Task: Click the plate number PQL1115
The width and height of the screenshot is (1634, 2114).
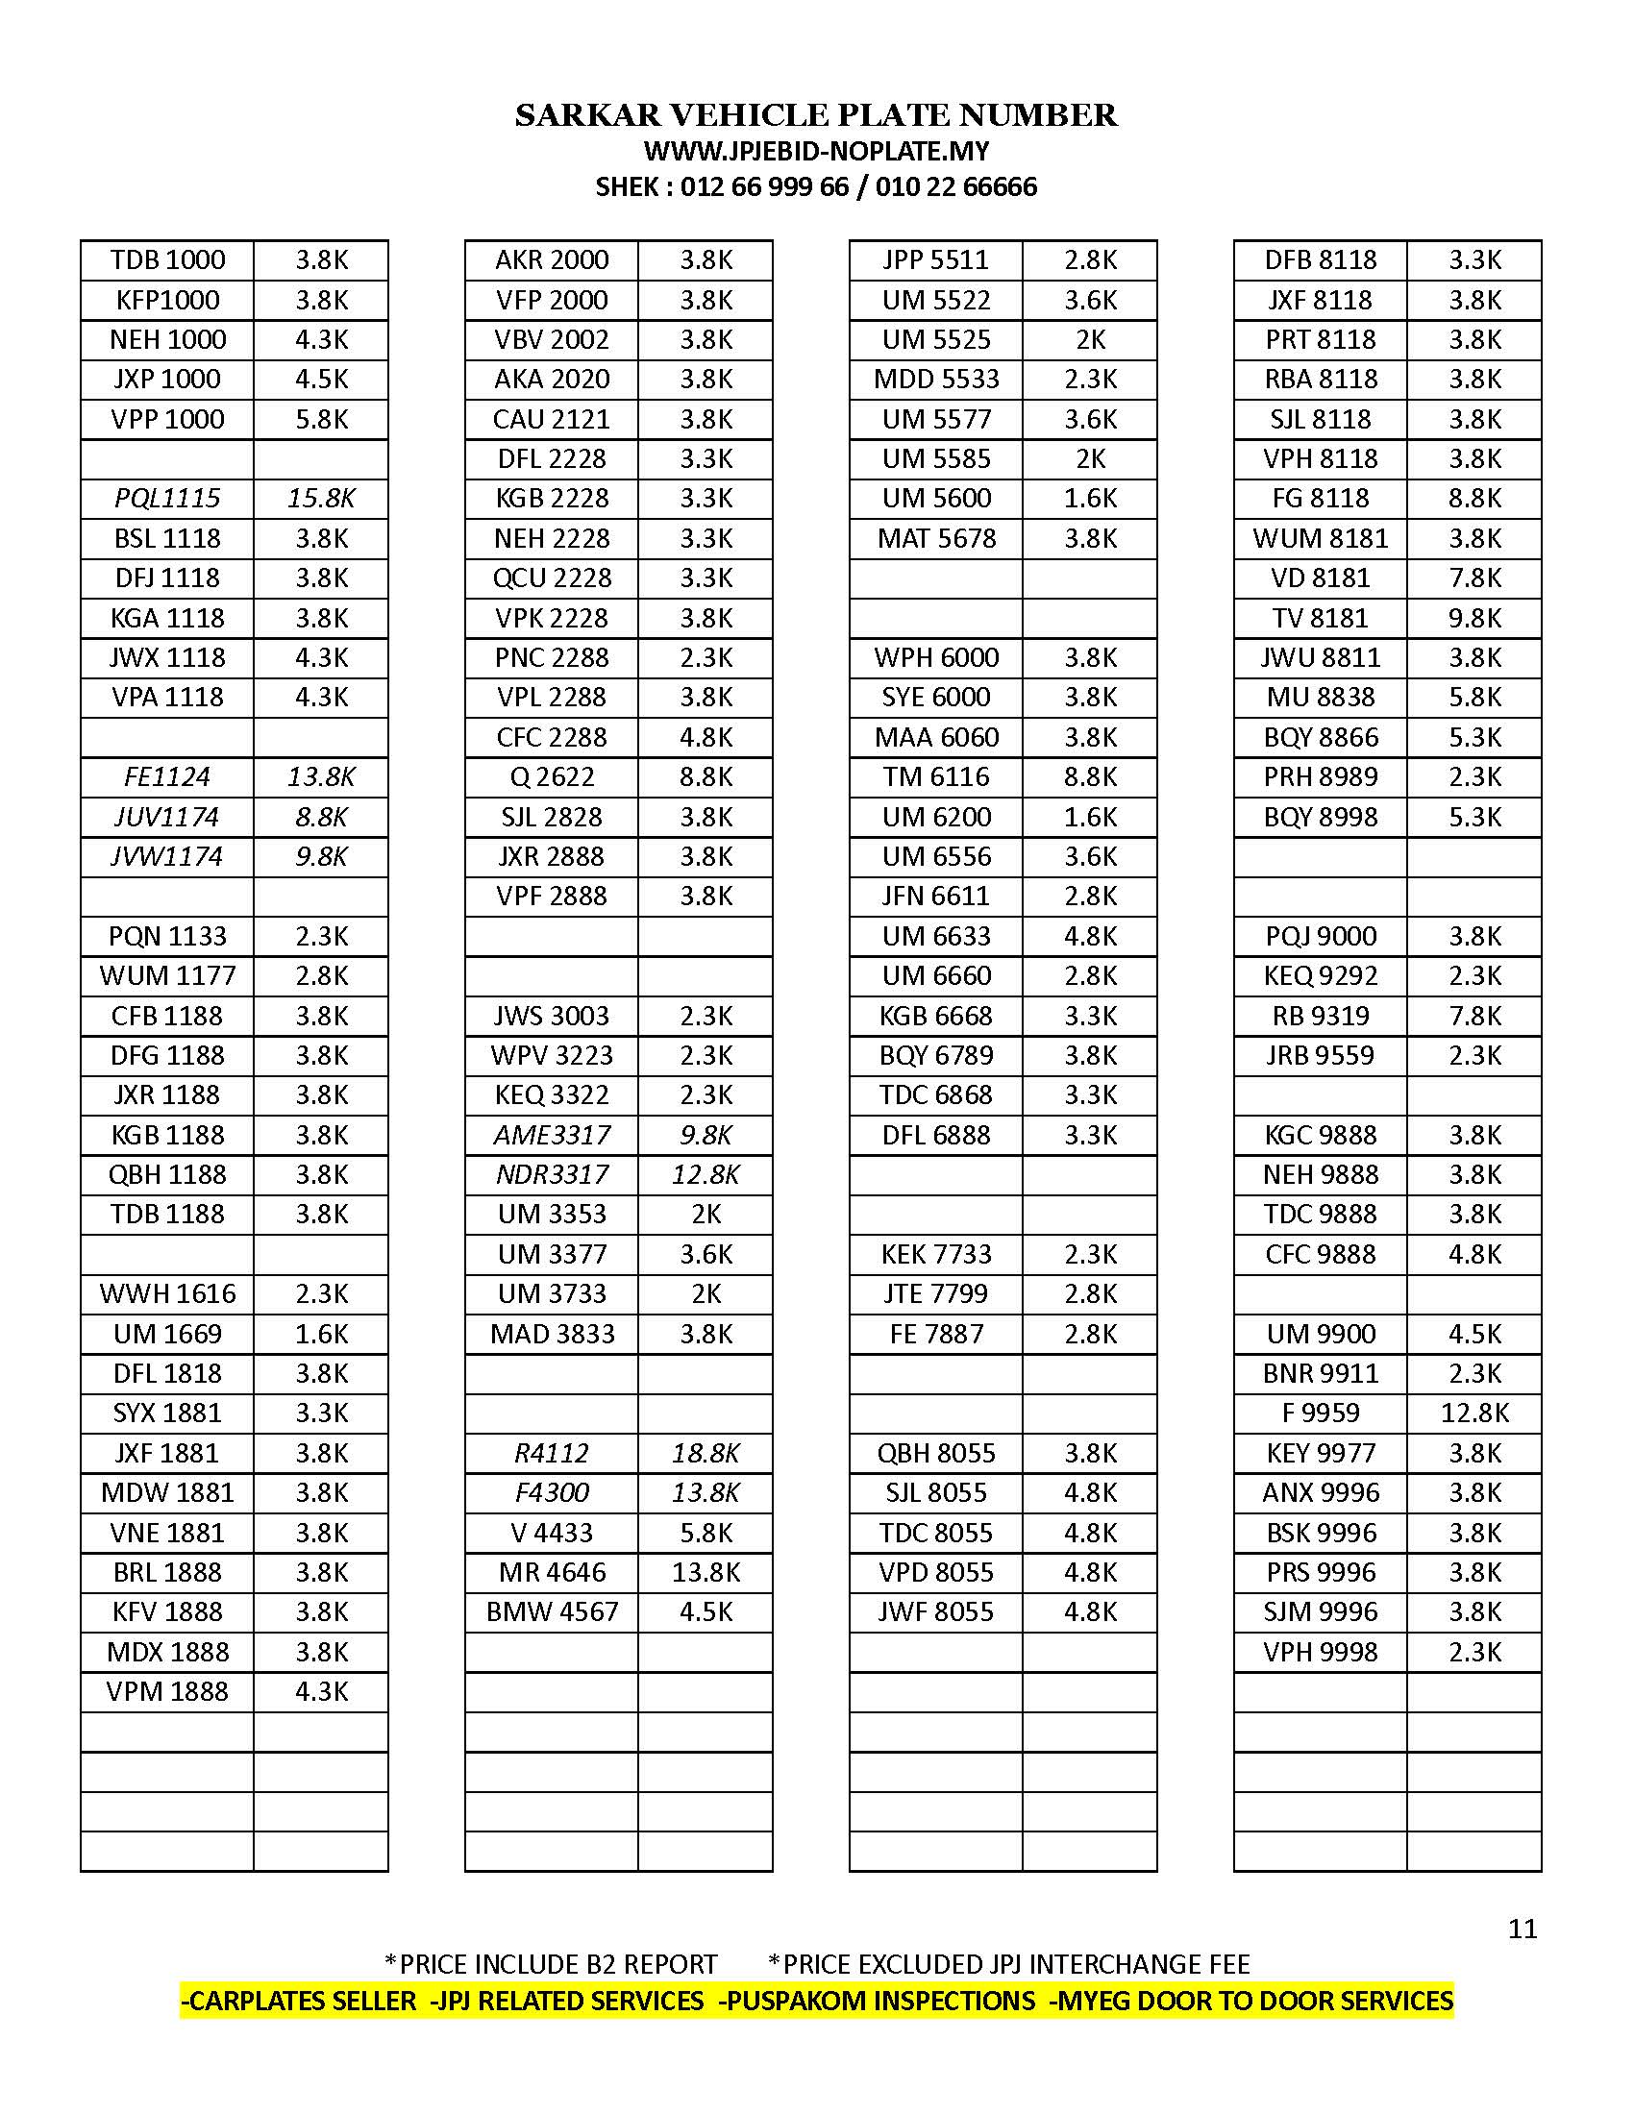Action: [167, 499]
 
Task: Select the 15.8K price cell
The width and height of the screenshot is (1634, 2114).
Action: [321, 499]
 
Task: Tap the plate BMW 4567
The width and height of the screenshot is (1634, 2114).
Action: [552, 1611]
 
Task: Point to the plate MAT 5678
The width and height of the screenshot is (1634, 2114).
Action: [936, 538]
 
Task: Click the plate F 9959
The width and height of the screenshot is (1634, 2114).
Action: [1321, 1413]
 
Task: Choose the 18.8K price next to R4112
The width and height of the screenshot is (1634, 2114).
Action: [706, 1453]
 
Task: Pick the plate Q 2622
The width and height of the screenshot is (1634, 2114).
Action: [552, 776]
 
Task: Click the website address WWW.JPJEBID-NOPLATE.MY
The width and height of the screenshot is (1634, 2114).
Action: [816, 151]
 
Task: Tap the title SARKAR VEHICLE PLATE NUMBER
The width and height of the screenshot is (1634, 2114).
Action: [816, 115]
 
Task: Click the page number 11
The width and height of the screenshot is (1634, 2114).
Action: [1523, 1929]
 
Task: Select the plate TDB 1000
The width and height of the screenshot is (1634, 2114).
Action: [167, 259]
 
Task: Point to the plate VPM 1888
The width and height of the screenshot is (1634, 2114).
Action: [167, 1691]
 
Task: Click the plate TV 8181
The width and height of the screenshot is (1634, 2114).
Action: [1321, 618]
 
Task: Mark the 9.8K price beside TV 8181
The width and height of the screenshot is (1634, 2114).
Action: [1474, 618]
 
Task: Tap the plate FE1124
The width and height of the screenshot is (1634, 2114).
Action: [167, 776]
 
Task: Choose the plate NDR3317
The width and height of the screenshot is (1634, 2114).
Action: [552, 1174]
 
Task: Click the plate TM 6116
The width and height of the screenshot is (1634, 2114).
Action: [936, 776]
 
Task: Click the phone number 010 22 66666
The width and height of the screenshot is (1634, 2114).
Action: [955, 186]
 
